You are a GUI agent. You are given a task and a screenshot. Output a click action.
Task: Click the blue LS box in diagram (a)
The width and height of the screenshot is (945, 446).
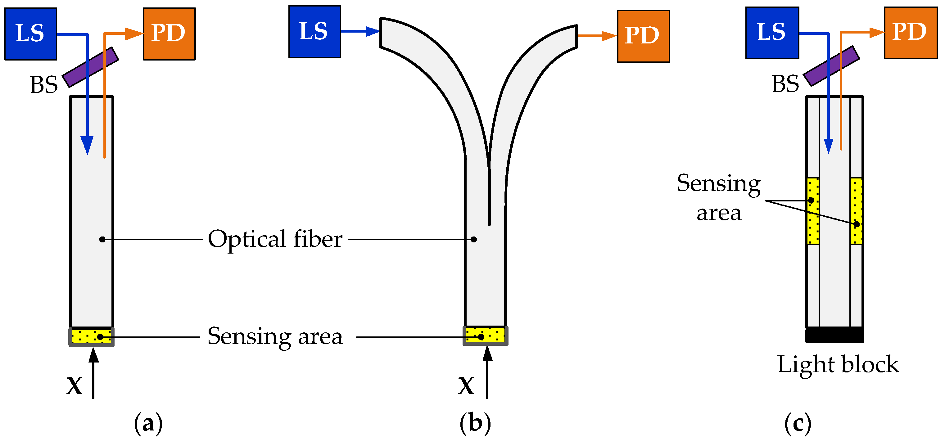31,34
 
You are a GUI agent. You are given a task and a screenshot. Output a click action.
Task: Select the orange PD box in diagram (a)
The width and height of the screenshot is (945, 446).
169,34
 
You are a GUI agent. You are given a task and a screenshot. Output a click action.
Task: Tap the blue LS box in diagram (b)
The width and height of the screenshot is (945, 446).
314,32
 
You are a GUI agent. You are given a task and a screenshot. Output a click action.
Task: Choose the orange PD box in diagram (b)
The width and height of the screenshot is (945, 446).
643,36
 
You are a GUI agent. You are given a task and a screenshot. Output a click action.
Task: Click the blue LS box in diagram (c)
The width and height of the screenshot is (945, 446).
772,33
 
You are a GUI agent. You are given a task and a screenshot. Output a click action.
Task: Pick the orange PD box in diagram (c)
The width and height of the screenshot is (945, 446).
910,33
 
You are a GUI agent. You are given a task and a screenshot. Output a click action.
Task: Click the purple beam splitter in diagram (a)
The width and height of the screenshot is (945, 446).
90,67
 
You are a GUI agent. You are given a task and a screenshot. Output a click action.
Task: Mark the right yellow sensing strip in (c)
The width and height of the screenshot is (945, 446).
856,211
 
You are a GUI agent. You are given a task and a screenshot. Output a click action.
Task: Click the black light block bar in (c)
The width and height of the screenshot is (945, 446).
834,335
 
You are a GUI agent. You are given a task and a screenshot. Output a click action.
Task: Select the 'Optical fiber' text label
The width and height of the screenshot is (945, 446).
275,239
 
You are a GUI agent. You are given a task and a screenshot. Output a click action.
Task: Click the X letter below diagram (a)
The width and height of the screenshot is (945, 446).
75,385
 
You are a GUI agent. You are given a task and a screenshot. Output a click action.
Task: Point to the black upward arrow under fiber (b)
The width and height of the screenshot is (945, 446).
487,372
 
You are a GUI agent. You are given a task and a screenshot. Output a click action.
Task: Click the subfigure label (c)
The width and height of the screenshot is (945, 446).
798,424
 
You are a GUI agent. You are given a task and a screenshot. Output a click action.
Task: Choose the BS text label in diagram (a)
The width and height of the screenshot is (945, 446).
44,85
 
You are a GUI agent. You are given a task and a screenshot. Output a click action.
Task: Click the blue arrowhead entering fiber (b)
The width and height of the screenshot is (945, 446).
372,32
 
